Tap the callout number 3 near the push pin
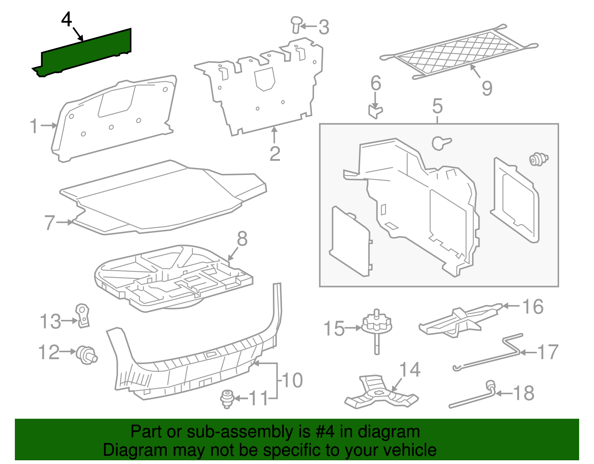324,27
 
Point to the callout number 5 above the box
437,106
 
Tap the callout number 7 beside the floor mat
50,223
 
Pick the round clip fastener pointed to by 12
87,354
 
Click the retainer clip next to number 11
226,399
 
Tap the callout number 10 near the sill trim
293,380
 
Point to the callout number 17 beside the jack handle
548,352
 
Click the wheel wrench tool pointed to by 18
471,398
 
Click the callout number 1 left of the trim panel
34,126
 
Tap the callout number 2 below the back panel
275,154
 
